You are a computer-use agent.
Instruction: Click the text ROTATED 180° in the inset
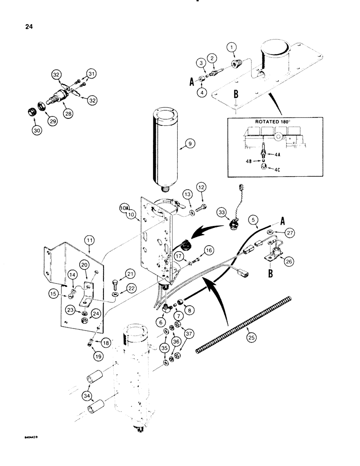coord(272,124)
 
